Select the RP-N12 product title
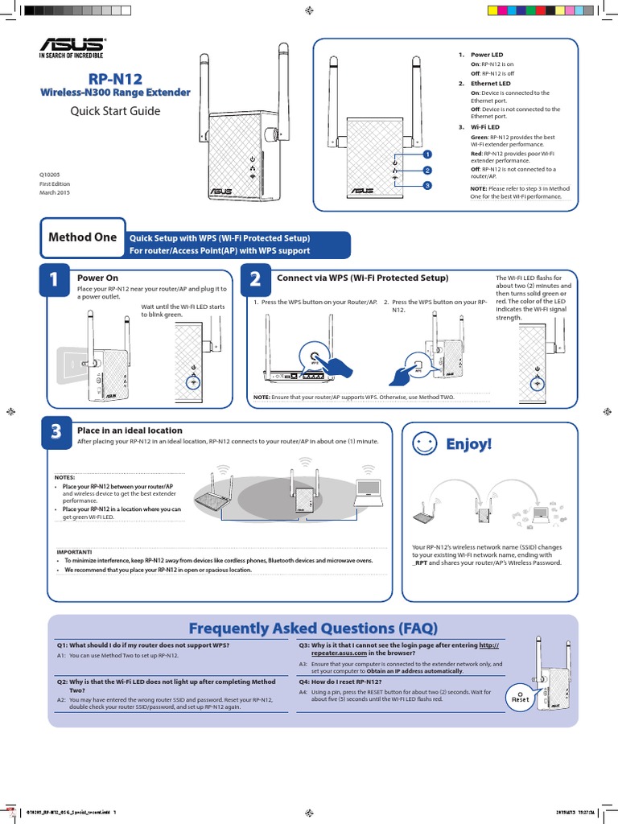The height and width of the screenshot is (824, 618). (115, 78)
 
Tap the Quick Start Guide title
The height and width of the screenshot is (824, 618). (116, 111)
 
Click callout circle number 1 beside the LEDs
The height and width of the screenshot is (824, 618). (427, 154)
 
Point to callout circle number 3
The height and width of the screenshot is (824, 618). (427, 186)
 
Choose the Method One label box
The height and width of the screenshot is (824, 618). (82, 237)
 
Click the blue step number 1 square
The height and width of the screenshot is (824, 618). (54, 280)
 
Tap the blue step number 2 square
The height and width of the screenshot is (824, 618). (255, 280)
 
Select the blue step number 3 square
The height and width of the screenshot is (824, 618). (56, 432)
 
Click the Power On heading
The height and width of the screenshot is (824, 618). (97, 278)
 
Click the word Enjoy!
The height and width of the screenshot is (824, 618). (468, 444)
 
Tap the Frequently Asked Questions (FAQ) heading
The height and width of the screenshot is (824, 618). (312, 628)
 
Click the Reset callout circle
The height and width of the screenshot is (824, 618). (521, 697)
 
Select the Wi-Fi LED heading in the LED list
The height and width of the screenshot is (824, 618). (485, 127)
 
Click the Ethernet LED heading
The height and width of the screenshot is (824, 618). (490, 84)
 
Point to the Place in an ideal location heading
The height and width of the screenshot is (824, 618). (130, 431)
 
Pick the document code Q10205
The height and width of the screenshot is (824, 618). (50, 174)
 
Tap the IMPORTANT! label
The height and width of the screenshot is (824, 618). (74, 551)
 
